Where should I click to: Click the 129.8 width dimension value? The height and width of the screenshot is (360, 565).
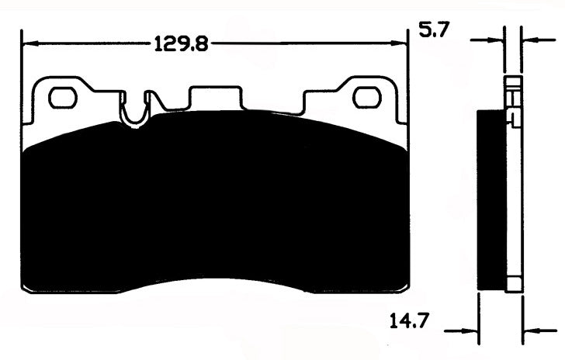(x=181, y=44)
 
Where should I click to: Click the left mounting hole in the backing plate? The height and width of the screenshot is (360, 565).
(x=61, y=98)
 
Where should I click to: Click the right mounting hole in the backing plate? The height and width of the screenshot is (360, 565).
(x=364, y=98)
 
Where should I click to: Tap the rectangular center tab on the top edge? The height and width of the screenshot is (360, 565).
(x=215, y=97)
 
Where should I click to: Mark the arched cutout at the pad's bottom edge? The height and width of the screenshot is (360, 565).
(x=215, y=284)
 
